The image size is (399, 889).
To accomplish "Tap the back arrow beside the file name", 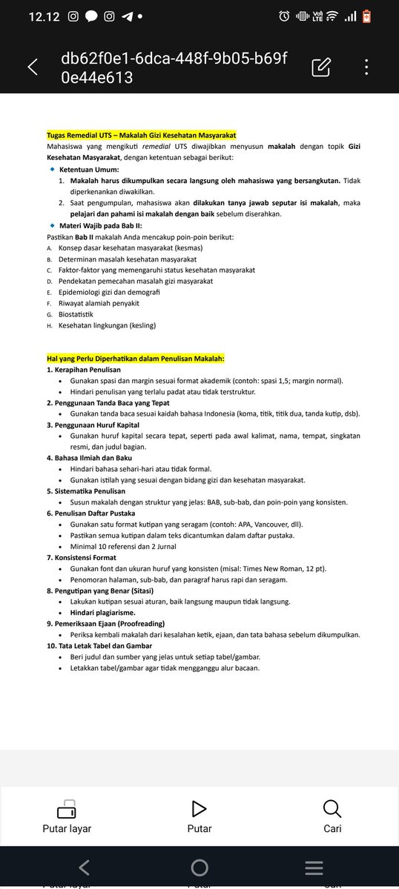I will click(33, 67).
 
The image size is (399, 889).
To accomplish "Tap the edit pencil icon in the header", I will click(320, 67).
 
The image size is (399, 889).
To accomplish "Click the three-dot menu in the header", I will click(366, 67).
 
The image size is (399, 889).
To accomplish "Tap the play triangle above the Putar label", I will click(199, 808).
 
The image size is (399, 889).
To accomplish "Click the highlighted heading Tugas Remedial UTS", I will click(141, 136).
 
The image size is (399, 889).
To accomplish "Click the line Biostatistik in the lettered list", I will click(81, 314).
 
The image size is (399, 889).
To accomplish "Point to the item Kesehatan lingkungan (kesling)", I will click(107, 325).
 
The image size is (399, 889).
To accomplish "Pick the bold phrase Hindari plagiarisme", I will click(102, 613).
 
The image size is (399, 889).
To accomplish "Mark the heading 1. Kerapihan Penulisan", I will click(83, 369).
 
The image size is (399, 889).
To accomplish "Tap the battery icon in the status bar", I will click(366, 16).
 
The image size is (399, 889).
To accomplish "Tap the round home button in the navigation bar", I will click(199, 868).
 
